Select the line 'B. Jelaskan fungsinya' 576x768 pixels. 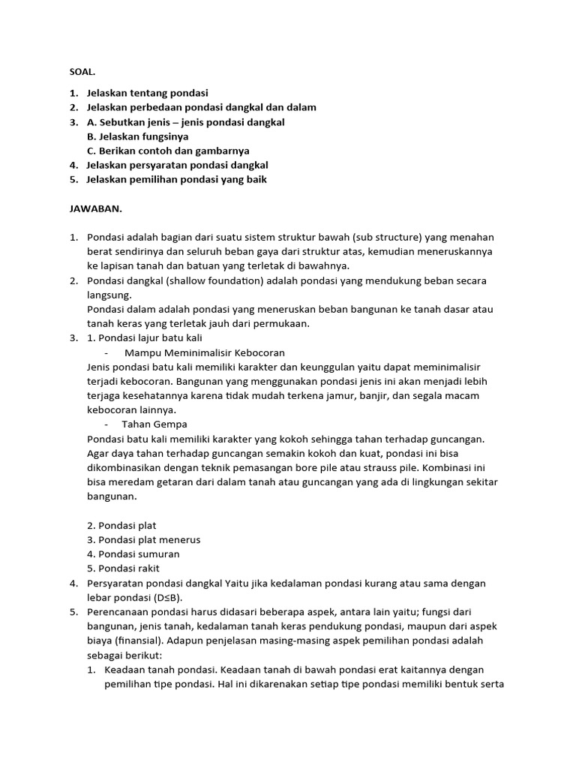(138, 136)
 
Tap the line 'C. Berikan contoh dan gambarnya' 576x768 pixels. (168, 151)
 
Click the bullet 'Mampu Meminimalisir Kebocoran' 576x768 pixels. (204, 352)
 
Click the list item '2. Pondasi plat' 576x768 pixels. (121, 525)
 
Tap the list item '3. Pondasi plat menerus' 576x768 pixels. (144, 539)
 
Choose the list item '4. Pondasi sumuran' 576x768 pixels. (133, 553)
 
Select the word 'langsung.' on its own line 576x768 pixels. (109, 295)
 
